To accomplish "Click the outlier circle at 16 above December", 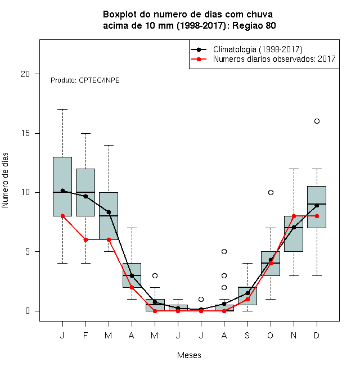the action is pos(317,121).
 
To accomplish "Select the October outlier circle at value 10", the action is pos(271,192).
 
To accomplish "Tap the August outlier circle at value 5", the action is pos(224,251).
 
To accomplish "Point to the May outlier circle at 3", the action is pos(155,275).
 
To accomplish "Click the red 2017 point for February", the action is pos(85,239).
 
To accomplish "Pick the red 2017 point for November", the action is pos(294,216).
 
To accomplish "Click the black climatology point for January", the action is pos(62,191).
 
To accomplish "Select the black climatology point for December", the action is pos(317,205).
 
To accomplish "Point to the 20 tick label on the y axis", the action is pos(25,74).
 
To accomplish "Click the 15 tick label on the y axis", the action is pos(25,133).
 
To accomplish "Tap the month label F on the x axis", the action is pos(85,335).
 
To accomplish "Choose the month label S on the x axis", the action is pos(247,335).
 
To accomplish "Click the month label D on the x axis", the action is pos(317,335).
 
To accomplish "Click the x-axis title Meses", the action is pos(189,355).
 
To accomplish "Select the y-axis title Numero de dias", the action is pos(5,180).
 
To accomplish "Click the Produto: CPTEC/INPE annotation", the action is pos(85,80).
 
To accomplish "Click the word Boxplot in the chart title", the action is pos(120,15).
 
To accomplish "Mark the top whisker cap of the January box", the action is pos(62,109).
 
